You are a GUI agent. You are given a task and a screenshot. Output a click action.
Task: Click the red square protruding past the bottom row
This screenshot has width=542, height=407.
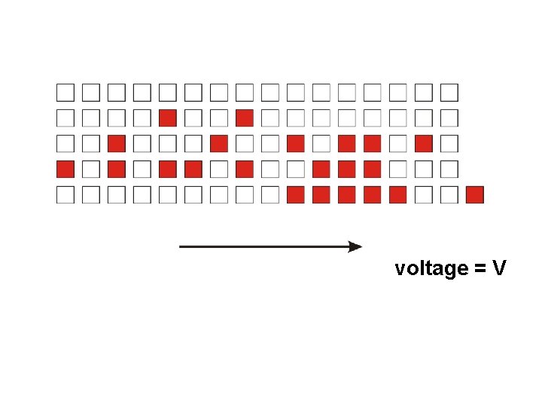(474, 195)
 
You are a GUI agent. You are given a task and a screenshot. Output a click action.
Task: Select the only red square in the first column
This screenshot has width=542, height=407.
(65, 170)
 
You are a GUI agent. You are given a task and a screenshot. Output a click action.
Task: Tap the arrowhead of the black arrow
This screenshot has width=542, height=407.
(355, 246)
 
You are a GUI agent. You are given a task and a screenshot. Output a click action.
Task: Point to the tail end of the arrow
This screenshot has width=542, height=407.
(181, 246)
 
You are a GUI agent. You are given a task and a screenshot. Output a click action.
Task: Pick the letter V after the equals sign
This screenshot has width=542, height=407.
(500, 268)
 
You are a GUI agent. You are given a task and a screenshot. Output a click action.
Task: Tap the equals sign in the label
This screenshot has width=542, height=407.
(480, 269)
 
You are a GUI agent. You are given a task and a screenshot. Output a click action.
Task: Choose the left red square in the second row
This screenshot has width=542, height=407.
(168, 118)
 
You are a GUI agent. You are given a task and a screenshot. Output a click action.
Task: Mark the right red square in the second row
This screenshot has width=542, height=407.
(244, 118)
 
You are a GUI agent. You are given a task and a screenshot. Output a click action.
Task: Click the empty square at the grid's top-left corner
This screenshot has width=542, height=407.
(65, 93)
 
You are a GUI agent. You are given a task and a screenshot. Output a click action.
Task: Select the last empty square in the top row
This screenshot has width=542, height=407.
(449, 93)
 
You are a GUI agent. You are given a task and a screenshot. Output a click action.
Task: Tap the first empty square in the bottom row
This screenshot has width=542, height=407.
(65, 195)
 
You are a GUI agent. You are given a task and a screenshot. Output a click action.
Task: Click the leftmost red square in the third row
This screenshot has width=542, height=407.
(117, 144)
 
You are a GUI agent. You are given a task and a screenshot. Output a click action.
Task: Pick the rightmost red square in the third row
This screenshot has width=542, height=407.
(423, 144)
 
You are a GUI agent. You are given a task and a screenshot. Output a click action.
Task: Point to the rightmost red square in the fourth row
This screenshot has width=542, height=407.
(372, 170)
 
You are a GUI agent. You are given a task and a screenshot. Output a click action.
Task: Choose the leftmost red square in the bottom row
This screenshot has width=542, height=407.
(296, 195)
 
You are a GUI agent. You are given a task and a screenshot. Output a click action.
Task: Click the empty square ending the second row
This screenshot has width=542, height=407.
(449, 118)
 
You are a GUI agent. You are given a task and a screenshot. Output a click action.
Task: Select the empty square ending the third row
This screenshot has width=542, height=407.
(449, 144)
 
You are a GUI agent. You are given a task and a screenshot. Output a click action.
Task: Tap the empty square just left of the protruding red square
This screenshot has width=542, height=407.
(449, 195)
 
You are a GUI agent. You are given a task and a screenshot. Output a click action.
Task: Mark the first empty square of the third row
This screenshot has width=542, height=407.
(65, 144)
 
